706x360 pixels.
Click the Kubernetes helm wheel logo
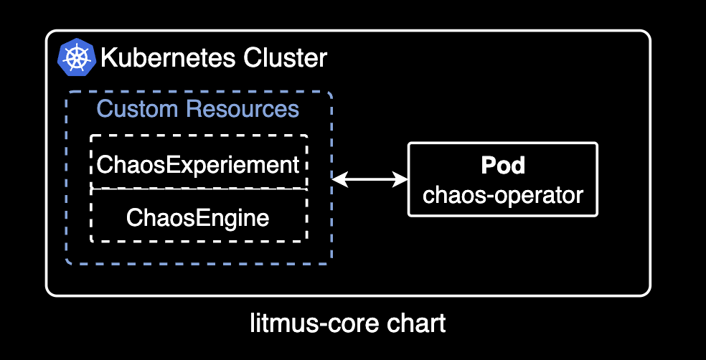point(76,57)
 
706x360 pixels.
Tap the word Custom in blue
point(138,109)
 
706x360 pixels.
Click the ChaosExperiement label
point(198,165)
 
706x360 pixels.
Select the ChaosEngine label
point(198,217)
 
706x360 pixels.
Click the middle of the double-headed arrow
point(370,179)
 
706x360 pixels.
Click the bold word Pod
point(502,166)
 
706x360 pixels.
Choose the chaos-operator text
point(502,194)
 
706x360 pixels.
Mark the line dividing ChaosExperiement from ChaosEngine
point(198,190)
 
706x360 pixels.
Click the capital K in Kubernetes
point(108,57)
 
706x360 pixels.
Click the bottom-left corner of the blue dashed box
point(68,262)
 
